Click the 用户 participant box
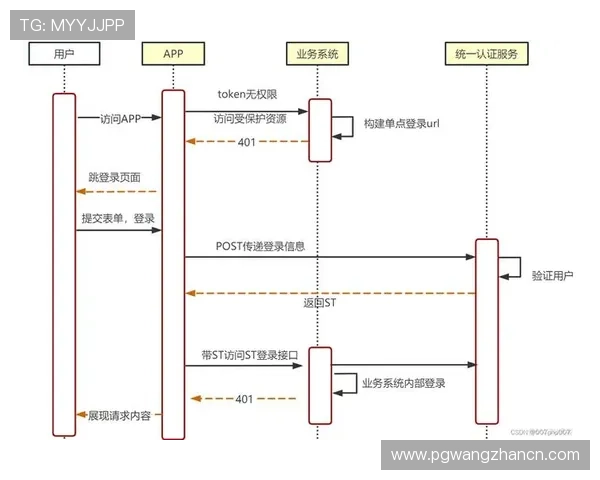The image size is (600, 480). click(x=64, y=54)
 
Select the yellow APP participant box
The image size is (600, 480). click(x=173, y=54)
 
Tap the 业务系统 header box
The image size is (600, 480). click(x=317, y=54)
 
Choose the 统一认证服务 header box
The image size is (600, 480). click(x=485, y=54)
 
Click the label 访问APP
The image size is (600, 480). click(x=121, y=118)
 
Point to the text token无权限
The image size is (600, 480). click(x=247, y=94)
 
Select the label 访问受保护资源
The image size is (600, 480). click(x=249, y=118)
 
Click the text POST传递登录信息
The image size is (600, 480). click(x=260, y=245)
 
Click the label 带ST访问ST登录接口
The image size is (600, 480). click(x=243, y=356)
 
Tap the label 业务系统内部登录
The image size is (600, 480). click(x=404, y=383)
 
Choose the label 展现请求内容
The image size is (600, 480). click(x=125, y=413)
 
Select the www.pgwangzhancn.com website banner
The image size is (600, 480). click(x=484, y=455)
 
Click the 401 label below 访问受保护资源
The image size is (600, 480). click(x=246, y=142)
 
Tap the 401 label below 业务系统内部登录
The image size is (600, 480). click(x=243, y=398)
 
